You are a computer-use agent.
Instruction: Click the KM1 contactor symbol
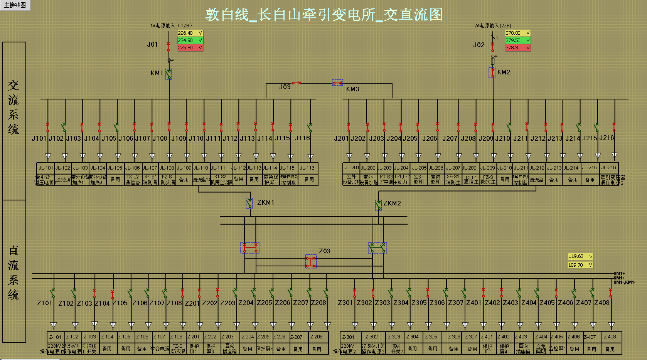point(168,74)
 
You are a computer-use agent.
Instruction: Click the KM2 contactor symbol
point(492,72)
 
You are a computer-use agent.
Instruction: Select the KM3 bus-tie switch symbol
point(337,83)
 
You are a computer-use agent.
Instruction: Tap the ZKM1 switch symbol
point(249,203)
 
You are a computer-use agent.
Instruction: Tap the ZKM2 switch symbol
point(378,205)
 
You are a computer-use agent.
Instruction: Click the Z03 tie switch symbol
point(311,261)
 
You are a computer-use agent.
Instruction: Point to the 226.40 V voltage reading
point(190,33)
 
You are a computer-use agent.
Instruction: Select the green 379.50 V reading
point(517,40)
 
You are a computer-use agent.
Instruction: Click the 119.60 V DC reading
point(580,256)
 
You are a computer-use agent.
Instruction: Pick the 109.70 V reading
point(580,265)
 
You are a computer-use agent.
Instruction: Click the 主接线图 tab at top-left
point(15,5)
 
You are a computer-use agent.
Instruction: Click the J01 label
point(152,45)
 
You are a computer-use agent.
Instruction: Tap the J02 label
point(479,45)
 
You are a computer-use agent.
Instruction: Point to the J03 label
point(285,87)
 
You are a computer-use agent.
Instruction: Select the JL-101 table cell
point(45,168)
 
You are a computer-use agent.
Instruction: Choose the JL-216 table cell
point(609,168)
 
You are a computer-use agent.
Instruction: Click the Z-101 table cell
point(55,337)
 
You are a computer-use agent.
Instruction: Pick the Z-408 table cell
point(610,337)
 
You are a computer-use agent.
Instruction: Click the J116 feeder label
point(302,138)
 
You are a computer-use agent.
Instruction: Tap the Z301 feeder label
point(345,303)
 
